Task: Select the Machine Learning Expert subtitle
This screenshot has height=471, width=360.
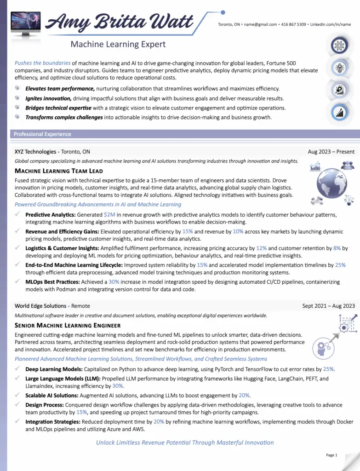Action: pos(118,45)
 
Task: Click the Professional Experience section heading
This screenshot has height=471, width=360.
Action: pos(42,134)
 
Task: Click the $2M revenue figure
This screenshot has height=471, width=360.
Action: pos(109,215)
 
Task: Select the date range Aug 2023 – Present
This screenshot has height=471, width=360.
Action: pos(331,152)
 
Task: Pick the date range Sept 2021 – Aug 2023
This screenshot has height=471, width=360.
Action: pos(328,306)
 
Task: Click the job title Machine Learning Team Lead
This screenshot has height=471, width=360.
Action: pos(59,171)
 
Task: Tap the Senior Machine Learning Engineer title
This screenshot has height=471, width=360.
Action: pos(68,325)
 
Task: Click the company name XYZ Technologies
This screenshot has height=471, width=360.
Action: pos(35,152)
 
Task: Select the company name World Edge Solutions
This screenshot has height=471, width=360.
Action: pos(40,306)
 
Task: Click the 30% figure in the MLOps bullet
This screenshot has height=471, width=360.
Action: pos(114,282)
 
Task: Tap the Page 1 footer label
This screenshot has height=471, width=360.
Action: pos(331,455)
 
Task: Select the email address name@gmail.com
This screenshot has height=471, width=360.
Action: pos(260,24)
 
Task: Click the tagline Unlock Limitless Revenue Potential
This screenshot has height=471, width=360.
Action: pos(185,442)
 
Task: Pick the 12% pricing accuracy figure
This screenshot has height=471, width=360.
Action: pos(261,248)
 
